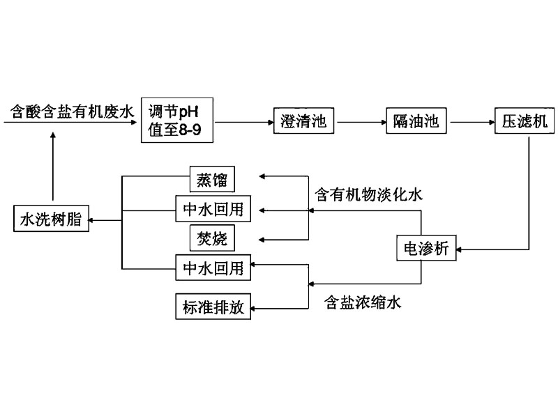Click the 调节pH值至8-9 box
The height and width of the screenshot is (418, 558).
tap(176, 121)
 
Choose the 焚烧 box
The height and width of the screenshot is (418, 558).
tap(212, 238)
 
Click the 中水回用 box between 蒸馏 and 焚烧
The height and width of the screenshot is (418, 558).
tap(212, 209)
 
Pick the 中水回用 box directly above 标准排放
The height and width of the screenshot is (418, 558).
tap(212, 268)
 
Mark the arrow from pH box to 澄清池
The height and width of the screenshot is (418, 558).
tap(241, 121)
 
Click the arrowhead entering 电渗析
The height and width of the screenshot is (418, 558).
tap(461, 248)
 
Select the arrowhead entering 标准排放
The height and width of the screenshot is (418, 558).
tap(255, 307)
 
